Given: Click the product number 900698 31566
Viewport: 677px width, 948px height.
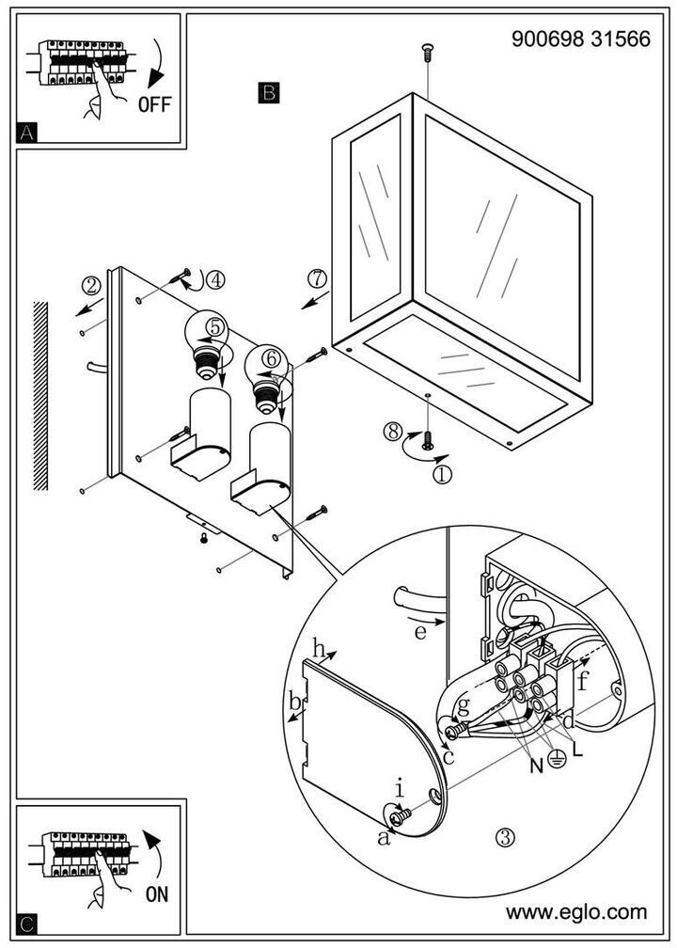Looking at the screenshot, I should (580, 39).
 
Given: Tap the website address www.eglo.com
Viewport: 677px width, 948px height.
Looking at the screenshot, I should (576, 911).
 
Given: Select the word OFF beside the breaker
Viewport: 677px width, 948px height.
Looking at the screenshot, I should (154, 104).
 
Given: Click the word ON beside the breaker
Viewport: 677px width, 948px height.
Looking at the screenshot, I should (157, 894).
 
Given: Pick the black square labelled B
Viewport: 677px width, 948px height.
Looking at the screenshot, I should (268, 92).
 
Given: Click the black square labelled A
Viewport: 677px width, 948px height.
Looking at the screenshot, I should (28, 133).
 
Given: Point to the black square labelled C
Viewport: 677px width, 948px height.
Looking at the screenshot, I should (28, 924).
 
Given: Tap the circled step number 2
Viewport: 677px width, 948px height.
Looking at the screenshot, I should (91, 286).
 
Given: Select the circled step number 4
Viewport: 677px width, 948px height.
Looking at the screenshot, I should (216, 279).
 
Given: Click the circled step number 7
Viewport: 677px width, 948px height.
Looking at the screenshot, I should (318, 278).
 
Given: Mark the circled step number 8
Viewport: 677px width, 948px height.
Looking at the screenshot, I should (393, 432).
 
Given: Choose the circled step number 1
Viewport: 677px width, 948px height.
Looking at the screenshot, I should (442, 474).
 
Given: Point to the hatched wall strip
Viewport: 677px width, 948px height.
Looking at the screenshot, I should (39, 395).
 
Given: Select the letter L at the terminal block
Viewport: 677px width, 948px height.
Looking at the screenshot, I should (577, 753).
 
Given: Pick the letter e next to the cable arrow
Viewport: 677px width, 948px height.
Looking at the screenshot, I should (420, 632).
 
